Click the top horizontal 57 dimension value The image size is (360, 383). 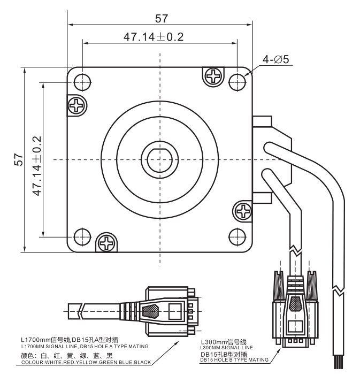[162, 19]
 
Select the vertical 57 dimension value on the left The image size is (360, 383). [19, 159]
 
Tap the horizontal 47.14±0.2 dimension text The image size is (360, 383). [154, 37]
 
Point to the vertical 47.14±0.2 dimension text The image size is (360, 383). [37, 166]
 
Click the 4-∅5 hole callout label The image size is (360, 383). [275, 59]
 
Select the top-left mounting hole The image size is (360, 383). [82, 82]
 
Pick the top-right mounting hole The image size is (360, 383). [237, 82]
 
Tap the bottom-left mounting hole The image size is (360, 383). [82, 236]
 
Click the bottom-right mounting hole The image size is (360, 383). [237, 236]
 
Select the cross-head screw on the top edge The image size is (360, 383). [213, 76]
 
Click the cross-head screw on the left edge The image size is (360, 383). [76, 105]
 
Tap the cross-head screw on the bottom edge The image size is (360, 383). [106, 243]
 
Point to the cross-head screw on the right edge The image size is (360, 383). [243, 211]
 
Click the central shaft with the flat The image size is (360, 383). [160, 160]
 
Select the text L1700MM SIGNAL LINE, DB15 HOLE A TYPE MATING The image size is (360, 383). [85, 347]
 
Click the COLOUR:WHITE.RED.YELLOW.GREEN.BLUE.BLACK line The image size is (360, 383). [86, 362]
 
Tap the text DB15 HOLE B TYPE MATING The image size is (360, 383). [234, 360]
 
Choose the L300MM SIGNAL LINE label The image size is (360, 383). [226, 348]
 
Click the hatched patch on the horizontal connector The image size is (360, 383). [150, 311]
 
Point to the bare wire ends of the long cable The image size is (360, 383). [339, 362]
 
